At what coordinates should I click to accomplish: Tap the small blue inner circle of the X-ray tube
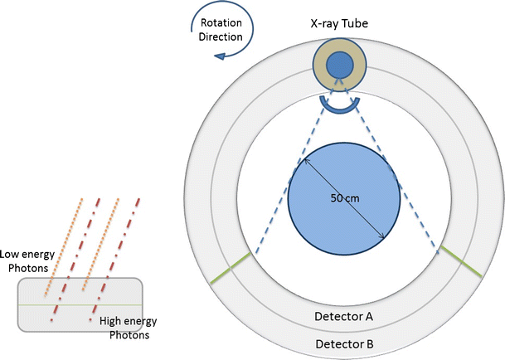coord(338,65)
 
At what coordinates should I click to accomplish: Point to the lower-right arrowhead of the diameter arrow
coord(383,238)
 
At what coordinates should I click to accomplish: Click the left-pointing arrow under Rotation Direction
coord(221,56)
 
